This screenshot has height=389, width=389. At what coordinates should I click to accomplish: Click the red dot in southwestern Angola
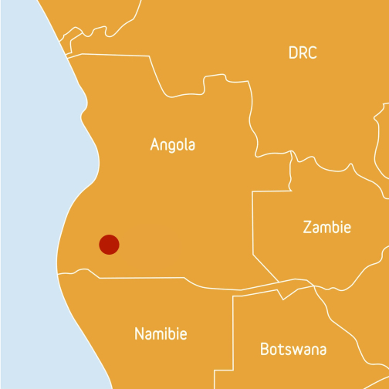click(x=109, y=245)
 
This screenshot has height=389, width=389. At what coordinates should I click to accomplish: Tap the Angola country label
click(x=173, y=144)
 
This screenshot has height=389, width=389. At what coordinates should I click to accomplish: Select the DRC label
click(x=303, y=53)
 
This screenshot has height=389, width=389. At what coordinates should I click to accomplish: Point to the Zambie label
click(x=326, y=228)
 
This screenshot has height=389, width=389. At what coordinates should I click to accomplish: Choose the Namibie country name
click(x=161, y=334)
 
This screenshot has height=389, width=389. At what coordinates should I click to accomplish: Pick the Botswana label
click(x=293, y=349)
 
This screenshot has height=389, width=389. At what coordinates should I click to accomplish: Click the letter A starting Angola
click(x=155, y=144)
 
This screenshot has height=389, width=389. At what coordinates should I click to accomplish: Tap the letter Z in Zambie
click(x=307, y=228)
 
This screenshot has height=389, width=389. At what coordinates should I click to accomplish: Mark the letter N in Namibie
click(x=140, y=334)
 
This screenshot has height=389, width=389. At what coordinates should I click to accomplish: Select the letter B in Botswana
click(x=265, y=349)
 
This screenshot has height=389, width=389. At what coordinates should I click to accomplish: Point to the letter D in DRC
click(x=293, y=53)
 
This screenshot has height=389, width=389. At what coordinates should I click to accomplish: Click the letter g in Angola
click(x=174, y=147)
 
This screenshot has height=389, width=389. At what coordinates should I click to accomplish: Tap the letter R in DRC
click(x=303, y=53)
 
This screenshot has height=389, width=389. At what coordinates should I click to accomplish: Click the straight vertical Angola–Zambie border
click(x=252, y=224)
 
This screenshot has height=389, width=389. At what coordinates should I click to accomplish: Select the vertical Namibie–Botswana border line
click(x=234, y=340)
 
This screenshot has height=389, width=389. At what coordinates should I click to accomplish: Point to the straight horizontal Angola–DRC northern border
click(x=116, y=55)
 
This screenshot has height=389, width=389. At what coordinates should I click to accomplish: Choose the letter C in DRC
click(x=313, y=53)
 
